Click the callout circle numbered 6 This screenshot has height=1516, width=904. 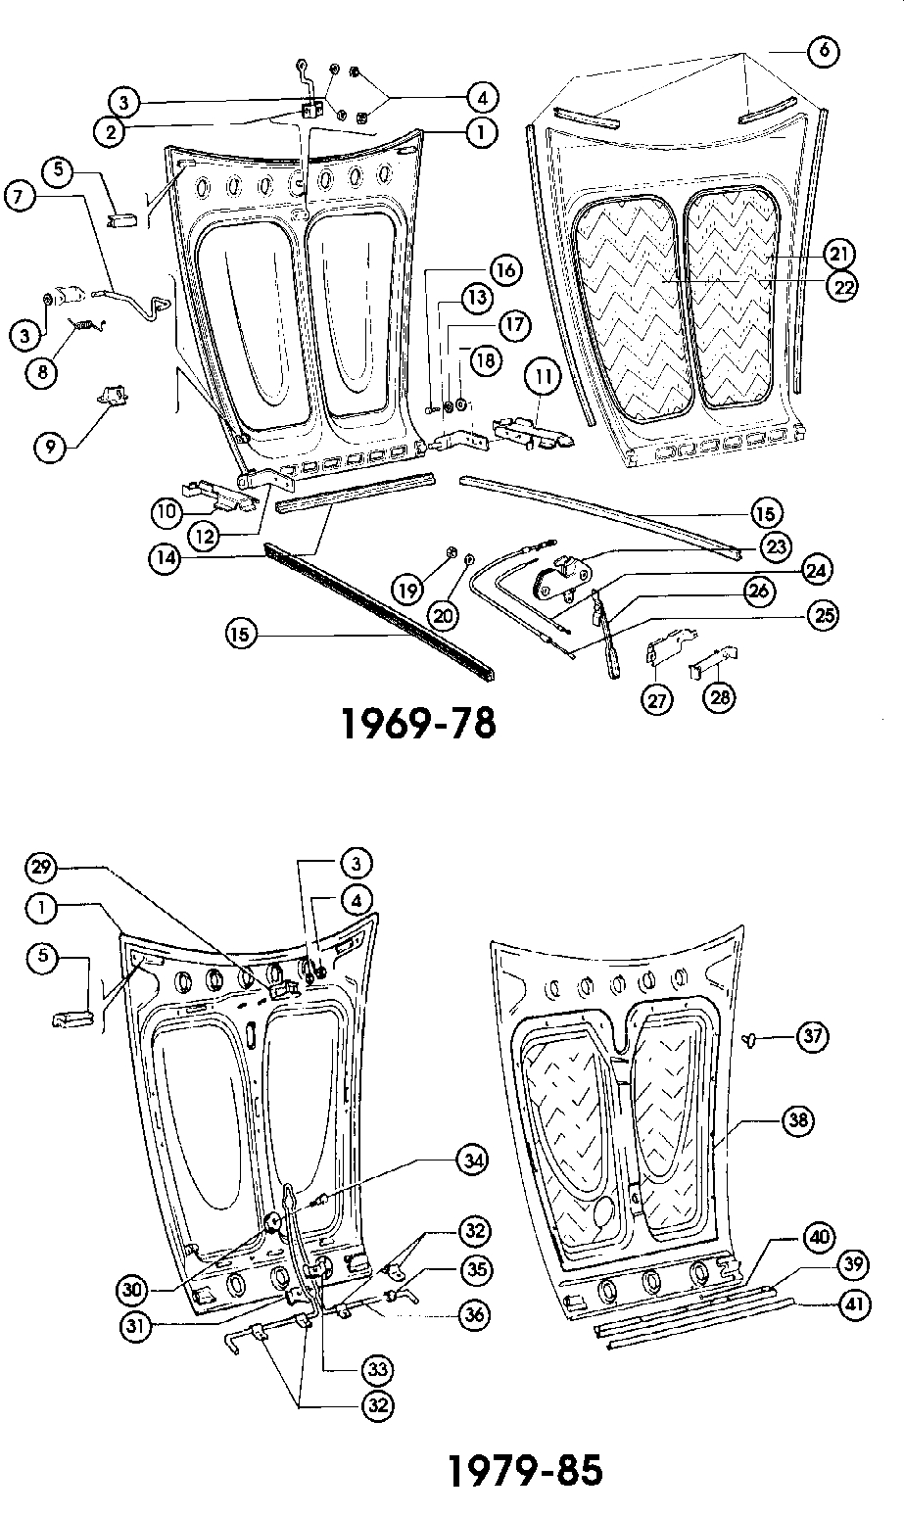click(x=824, y=52)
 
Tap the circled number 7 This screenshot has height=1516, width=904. click(x=21, y=196)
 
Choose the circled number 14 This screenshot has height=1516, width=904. click(x=166, y=557)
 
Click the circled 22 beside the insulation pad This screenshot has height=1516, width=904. click(x=840, y=285)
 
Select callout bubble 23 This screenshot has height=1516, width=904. click(x=777, y=547)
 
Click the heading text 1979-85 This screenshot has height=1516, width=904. click(x=524, y=1470)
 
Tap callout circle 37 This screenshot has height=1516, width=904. click(x=811, y=1036)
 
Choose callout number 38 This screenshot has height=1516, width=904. click(x=798, y=1120)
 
